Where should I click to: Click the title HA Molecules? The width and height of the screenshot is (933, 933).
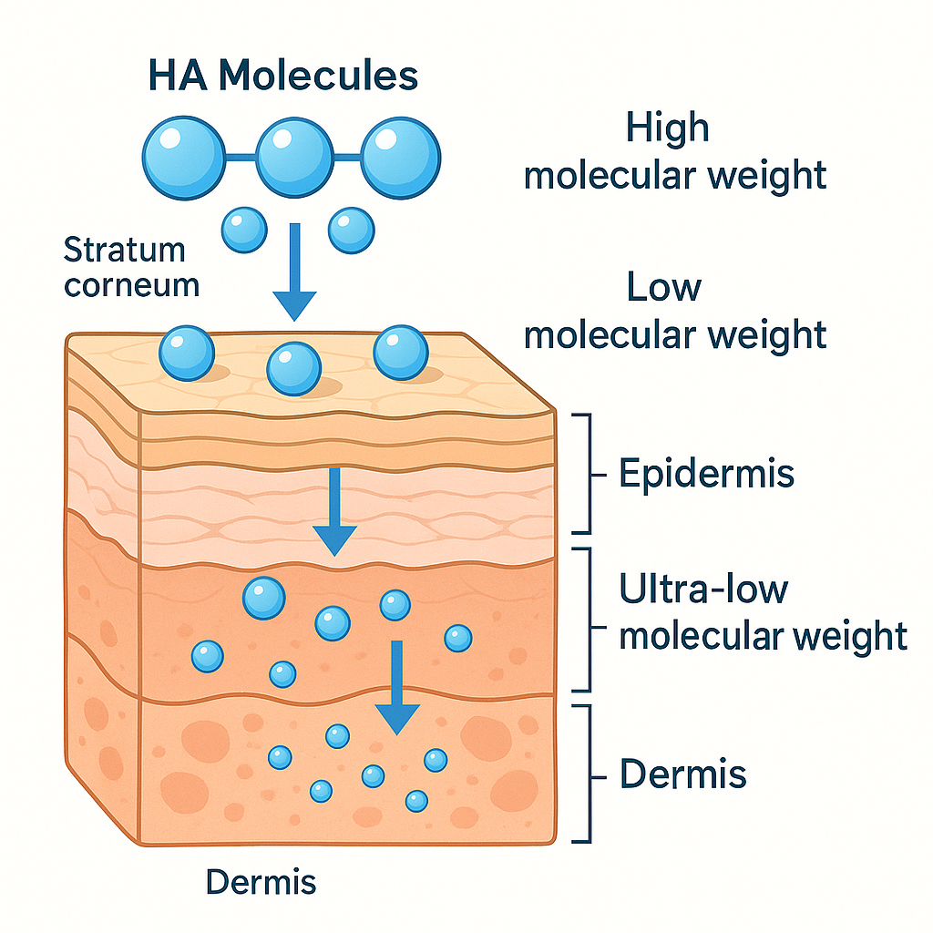pyautogui.click(x=282, y=75)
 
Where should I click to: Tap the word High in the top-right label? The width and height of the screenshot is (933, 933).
pyautogui.click(x=667, y=128)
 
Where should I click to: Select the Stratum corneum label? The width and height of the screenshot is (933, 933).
pyautogui.click(x=131, y=266)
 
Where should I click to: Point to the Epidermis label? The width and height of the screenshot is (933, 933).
pyautogui.click(x=706, y=474)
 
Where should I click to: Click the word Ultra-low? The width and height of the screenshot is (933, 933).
pyautogui.click(x=703, y=590)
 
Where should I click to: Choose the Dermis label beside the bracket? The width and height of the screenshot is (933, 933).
pyautogui.click(x=683, y=774)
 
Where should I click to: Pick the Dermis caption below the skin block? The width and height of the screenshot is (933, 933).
pyautogui.click(x=261, y=882)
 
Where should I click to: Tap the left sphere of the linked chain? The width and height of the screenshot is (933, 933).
pyautogui.click(x=183, y=154)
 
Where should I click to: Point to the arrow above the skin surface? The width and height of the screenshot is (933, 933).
pyautogui.click(x=294, y=273)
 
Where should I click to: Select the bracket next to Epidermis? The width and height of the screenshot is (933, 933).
pyautogui.click(x=583, y=474)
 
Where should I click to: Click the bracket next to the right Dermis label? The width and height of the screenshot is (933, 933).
pyautogui.click(x=583, y=774)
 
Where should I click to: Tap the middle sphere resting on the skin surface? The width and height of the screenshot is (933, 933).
pyautogui.click(x=293, y=369)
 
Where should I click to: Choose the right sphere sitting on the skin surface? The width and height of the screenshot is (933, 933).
pyautogui.click(x=401, y=353)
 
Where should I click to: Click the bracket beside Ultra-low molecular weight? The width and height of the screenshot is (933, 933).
pyautogui.click(x=583, y=620)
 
